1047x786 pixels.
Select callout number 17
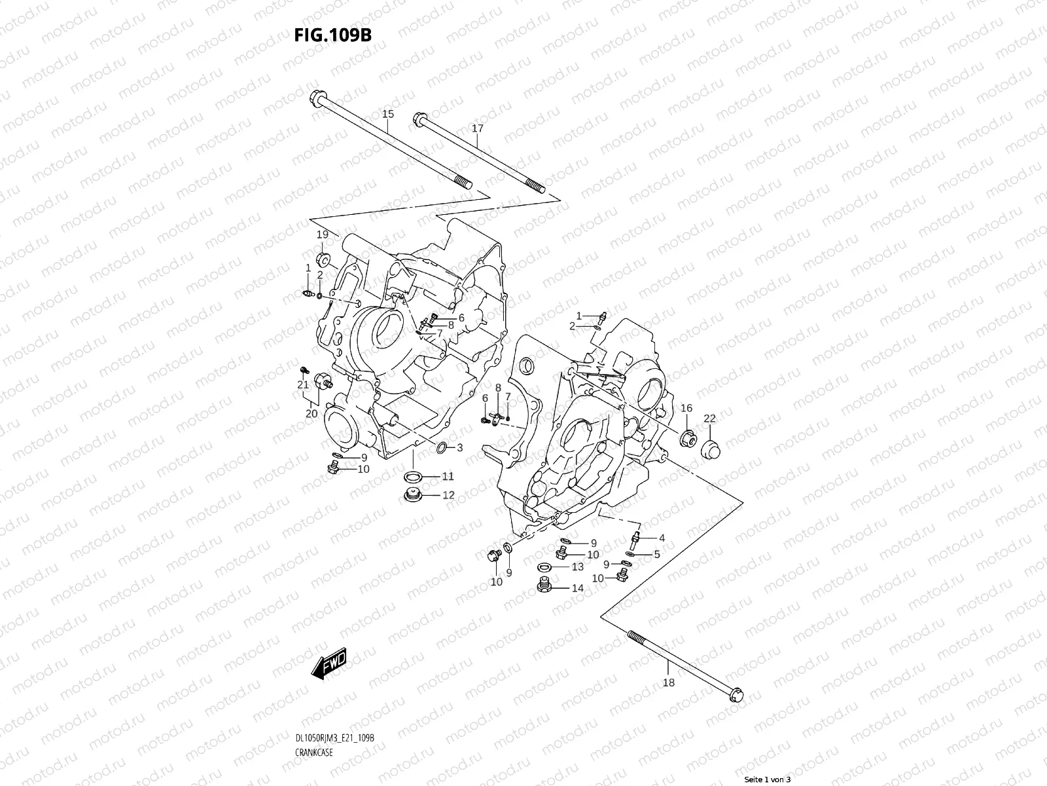tap(478, 129)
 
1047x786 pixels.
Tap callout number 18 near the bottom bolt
tap(669, 683)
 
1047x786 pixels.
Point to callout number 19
tap(322, 234)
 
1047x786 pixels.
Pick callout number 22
tap(709, 419)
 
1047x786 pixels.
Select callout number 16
tap(686, 408)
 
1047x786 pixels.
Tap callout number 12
tap(448, 495)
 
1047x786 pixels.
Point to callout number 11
tap(448, 476)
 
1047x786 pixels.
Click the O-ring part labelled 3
tap(442, 449)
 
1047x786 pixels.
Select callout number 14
tap(577, 588)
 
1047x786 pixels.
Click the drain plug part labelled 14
tap(544, 586)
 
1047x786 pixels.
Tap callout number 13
tap(577, 567)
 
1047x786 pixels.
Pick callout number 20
tap(311, 413)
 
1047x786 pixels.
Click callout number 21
tap(303, 384)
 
